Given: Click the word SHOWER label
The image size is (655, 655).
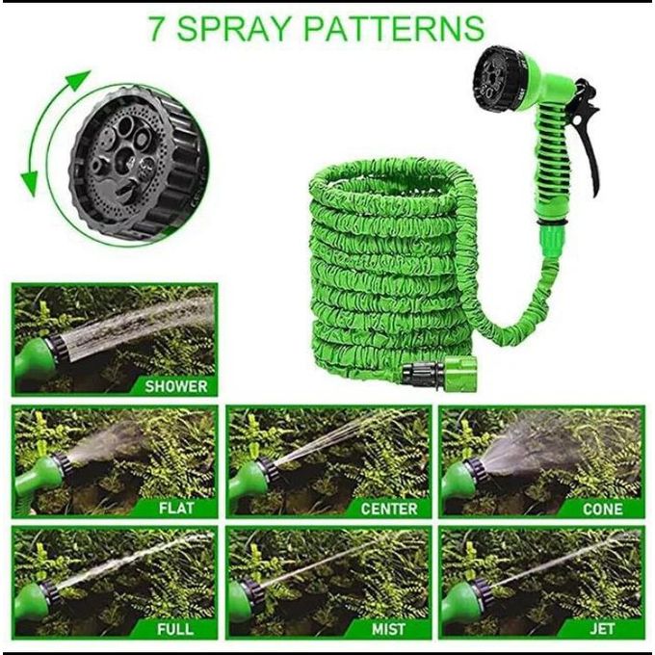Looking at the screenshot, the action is (x=176, y=386).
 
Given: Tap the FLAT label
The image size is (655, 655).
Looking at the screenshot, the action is (x=176, y=508).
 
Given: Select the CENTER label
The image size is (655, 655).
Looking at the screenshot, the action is (x=389, y=509).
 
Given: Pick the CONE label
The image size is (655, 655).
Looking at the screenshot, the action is (x=602, y=509).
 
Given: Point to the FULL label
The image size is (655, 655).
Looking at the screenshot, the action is (x=175, y=629).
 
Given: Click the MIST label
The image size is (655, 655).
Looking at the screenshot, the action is (x=388, y=629).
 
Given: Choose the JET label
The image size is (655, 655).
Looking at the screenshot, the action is (x=602, y=629).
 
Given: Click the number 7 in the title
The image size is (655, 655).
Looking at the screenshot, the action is (x=158, y=28).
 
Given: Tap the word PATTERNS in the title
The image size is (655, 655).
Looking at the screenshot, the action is (x=394, y=28).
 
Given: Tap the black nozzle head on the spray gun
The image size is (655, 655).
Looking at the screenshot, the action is (x=498, y=78).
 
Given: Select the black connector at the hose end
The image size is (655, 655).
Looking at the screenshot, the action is (x=423, y=371).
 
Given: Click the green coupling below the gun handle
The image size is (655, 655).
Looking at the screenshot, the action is (x=552, y=235).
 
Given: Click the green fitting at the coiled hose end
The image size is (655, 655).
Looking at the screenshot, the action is (x=460, y=374).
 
